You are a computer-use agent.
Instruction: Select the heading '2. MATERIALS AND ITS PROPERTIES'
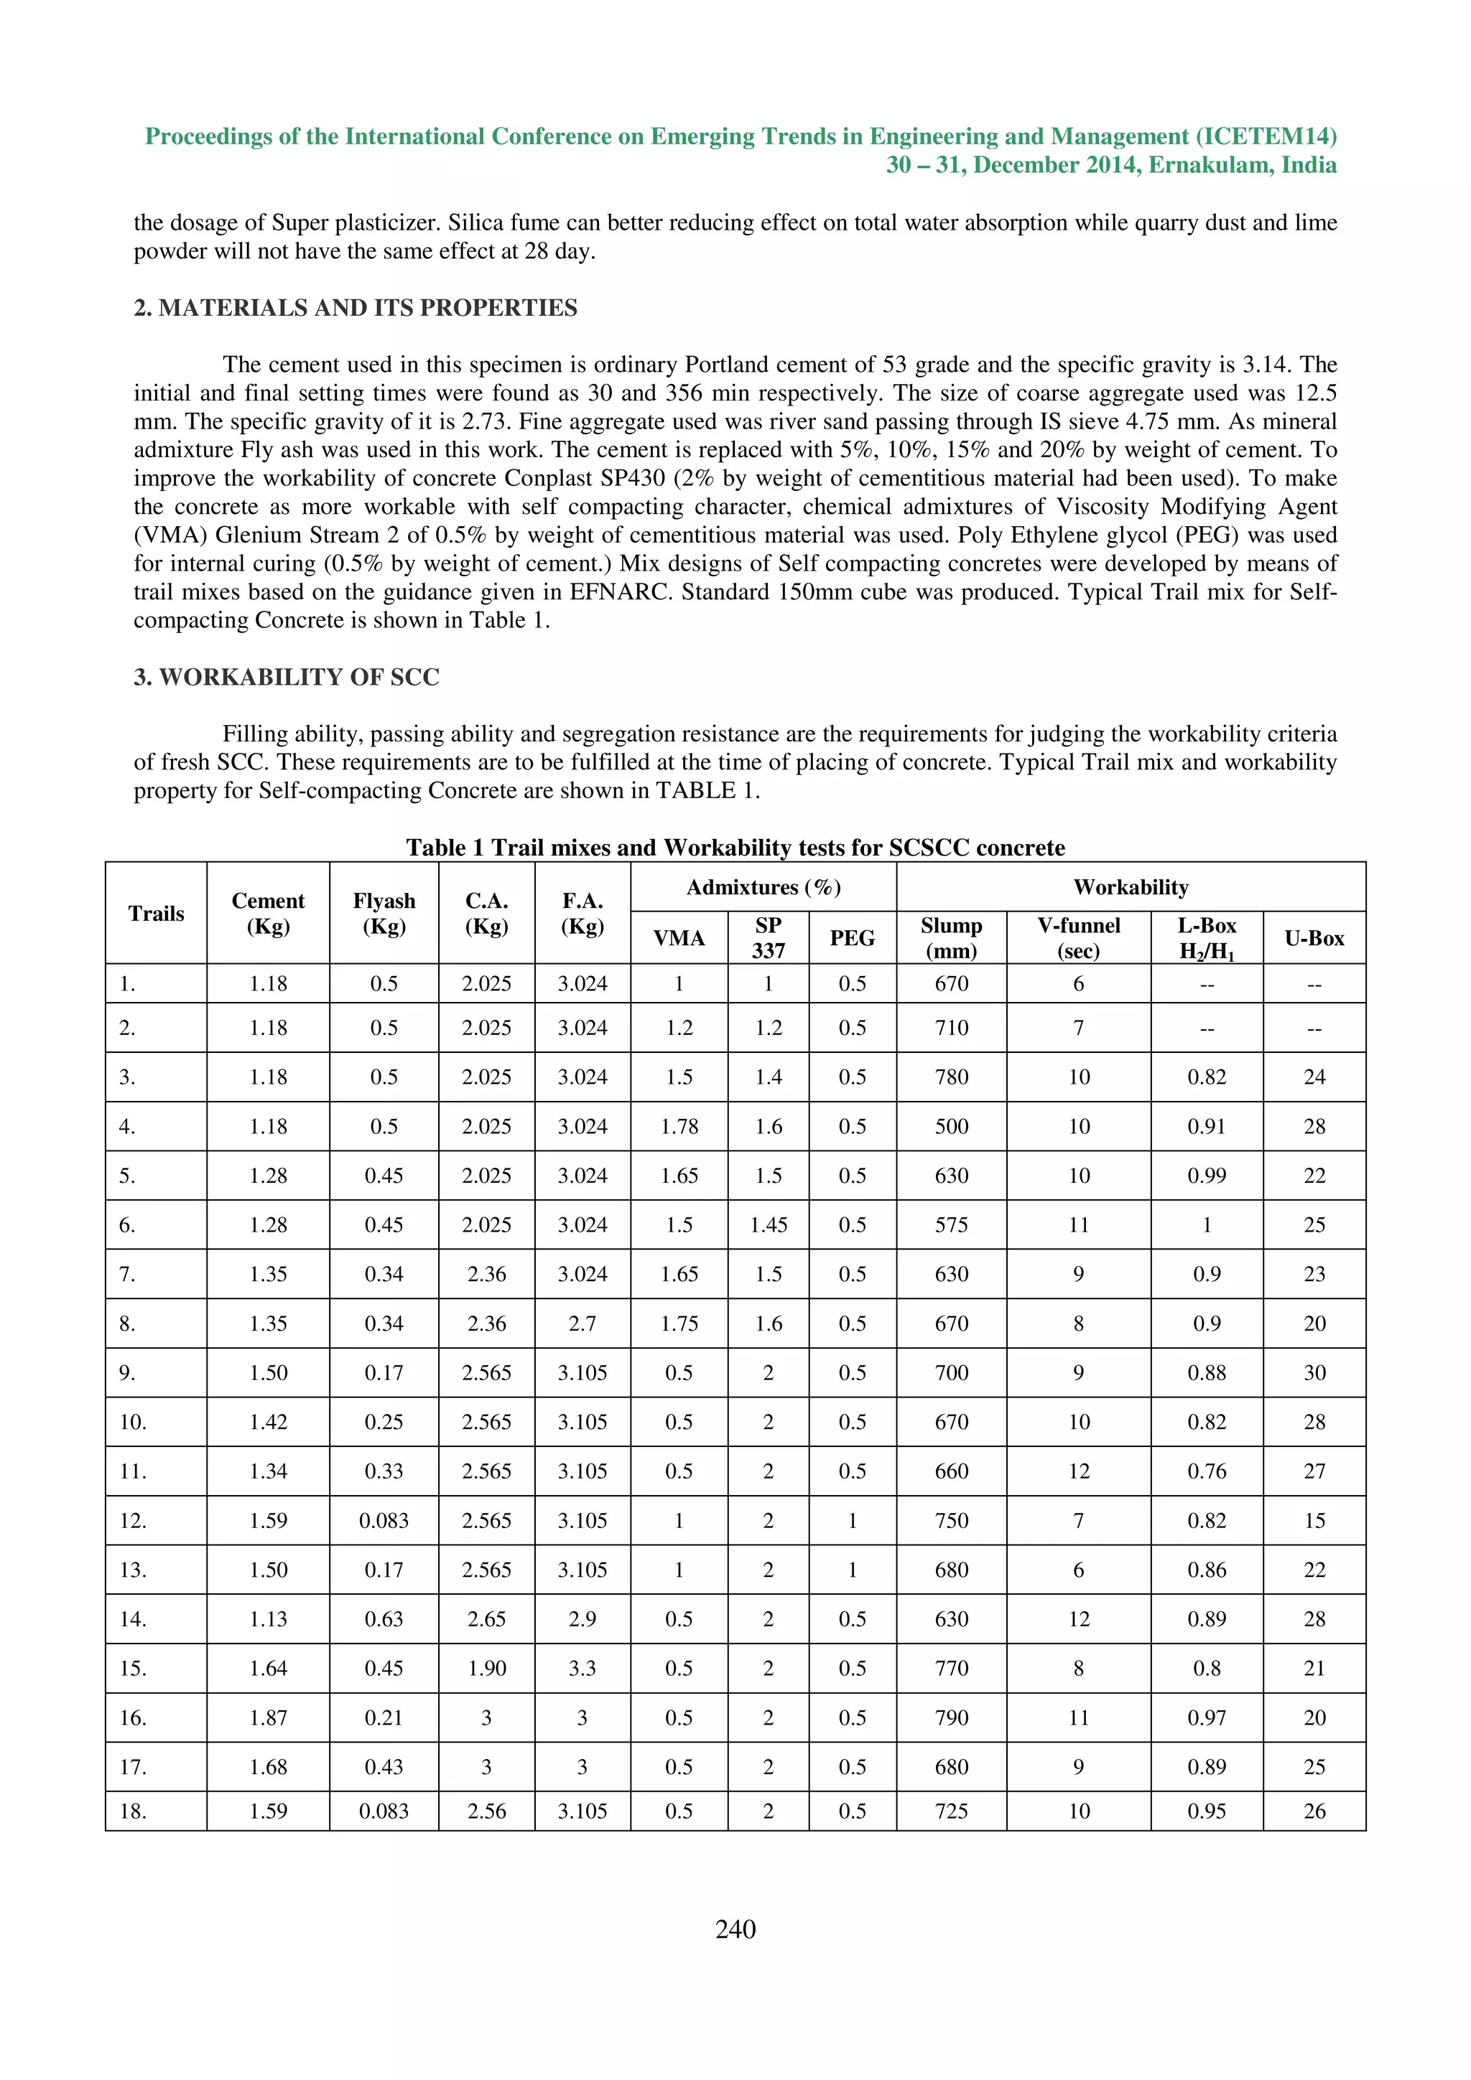click(356, 308)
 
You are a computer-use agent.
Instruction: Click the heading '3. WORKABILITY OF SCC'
click(287, 678)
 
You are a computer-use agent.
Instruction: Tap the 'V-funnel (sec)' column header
click(1077, 937)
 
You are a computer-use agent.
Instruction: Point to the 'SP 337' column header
click(768, 937)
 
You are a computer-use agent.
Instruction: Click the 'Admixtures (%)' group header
click(763, 887)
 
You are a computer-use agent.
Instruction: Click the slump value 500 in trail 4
click(951, 1126)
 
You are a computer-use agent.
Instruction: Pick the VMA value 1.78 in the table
click(679, 1126)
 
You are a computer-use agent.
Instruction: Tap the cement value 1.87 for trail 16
click(269, 1718)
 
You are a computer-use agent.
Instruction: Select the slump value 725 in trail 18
click(951, 1811)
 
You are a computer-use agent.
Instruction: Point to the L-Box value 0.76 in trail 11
click(1207, 1471)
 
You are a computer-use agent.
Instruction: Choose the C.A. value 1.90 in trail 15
click(487, 1668)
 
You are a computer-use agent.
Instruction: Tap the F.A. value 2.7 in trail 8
click(582, 1324)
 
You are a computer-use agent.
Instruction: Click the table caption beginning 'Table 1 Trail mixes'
click(735, 847)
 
